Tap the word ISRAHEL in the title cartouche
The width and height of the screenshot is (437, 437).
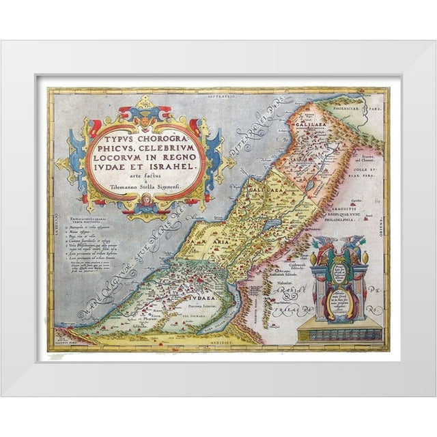[168, 165]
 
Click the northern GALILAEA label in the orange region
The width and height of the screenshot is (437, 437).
[306, 125]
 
